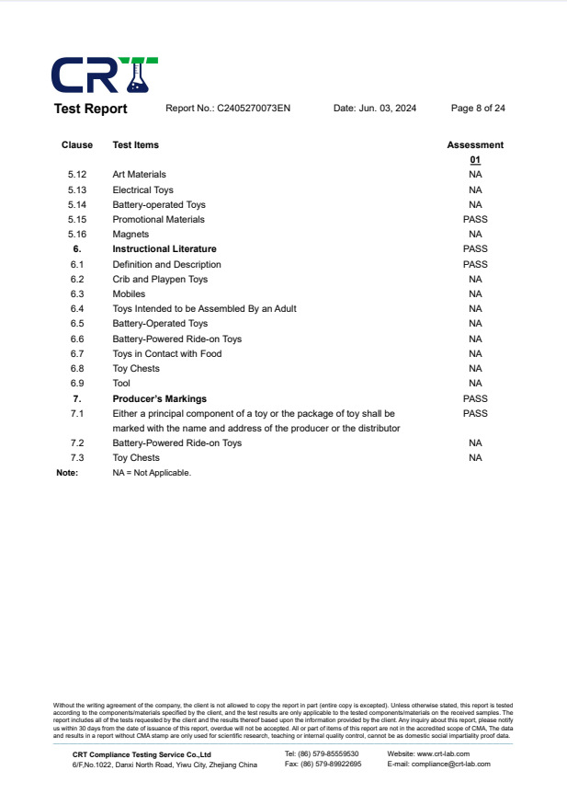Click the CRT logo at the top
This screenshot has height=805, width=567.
104,75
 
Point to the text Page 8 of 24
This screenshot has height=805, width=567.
478,109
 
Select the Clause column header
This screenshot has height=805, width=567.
77,145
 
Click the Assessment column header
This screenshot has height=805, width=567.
475,145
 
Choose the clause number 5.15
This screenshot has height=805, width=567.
77,220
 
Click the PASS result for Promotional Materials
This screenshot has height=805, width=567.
475,220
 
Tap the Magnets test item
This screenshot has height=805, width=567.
130,235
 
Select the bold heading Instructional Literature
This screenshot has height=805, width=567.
164,249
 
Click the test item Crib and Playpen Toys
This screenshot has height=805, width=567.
160,279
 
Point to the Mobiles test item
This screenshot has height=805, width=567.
129,294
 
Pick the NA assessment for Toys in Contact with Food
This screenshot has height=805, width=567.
475,353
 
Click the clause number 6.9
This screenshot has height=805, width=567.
77,384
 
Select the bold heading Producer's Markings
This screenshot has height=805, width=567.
159,398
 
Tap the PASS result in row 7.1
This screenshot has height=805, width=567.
475,414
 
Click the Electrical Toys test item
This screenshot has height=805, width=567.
142,190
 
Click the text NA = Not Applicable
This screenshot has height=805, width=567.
152,473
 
